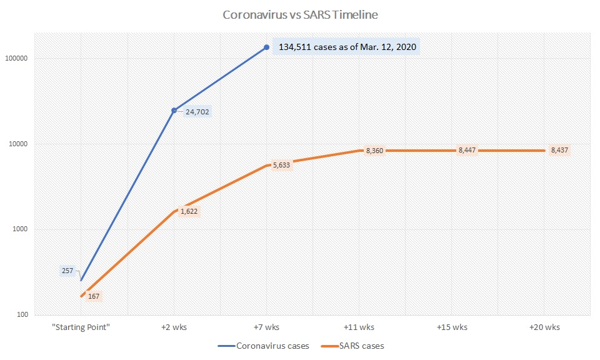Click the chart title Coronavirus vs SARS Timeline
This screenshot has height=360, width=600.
[300, 14]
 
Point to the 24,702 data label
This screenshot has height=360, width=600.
[197, 112]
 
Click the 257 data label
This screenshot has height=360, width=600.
[67, 271]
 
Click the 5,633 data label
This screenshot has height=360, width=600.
[281, 165]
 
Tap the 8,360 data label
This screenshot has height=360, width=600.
[375, 151]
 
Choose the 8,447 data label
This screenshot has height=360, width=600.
[467, 150]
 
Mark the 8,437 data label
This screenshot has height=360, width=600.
[560, 150]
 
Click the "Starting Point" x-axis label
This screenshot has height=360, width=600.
[81, 327]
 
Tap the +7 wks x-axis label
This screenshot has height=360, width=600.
[267, 327]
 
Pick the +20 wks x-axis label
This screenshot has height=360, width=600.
[544, 327]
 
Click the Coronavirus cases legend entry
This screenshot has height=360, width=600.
[264, 346]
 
